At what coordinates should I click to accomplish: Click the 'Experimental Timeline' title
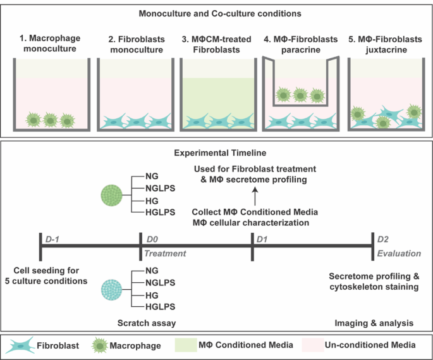point(216,152)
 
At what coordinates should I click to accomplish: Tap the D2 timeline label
point(383,238)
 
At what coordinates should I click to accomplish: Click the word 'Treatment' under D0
point(166,252)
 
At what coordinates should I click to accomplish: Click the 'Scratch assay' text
point(146,323)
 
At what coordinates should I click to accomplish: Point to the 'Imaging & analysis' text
point(374,323)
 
